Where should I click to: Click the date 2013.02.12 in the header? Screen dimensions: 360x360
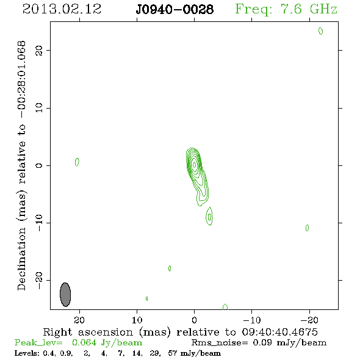coord(62,9)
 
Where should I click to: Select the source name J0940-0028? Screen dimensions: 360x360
coord(175,9)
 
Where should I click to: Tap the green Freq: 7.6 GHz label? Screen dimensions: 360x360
coord(286,9)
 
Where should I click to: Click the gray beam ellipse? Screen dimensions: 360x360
coord(65,295)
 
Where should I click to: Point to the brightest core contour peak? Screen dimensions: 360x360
coord(194,164)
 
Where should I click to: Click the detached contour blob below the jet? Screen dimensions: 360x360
coord(209,216)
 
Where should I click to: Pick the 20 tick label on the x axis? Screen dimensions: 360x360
coord(79,320)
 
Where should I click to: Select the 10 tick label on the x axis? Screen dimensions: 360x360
coord(137,320)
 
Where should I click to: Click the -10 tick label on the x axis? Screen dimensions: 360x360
coord(252,320)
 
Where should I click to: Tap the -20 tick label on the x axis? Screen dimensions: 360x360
coord(309,320)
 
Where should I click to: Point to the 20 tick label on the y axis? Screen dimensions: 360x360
coord(39,51)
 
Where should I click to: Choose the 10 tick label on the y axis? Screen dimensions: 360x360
coord(39,108)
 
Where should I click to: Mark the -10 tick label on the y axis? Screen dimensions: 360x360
coord(39,223)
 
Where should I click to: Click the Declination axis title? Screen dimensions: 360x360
coord(21,165)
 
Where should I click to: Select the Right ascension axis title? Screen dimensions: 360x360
coord(180,332)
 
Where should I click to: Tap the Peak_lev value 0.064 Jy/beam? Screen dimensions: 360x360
coord(107,343)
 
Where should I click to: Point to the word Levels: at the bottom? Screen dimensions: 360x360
coord(27,353)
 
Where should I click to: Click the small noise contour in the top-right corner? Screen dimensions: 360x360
coord(320,31)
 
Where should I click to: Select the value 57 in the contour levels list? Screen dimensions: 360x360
coord(173,353)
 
